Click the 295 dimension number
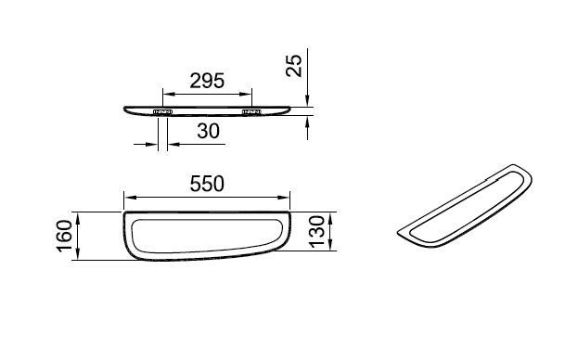pyautogui.click(x=207, y=81)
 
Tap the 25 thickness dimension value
pyautogui.click(x=294, y=66)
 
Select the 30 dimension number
pyautogui.click(x=208, y=131)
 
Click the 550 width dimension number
pyautogui.click(x=207, y=184)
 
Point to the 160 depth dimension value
pyautogui.click(x=65, y=237)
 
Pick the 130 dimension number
pyautogui.click(x=317, y=232)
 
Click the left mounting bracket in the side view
pyautogui.click(x=162, y=111)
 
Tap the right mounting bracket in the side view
pyautogui.click(x=251, y=111)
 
